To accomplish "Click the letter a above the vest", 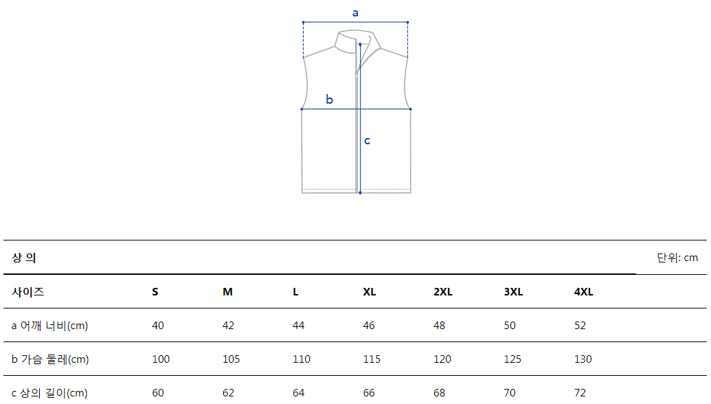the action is [x=355, y=13].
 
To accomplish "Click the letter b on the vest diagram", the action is [x=329, y=100].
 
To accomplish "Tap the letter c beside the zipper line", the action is [x=368, y=141].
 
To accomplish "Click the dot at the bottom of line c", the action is [x=360, y=192].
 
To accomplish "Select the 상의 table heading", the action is [x=23, y=258].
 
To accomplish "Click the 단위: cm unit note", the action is [x=677, y=258].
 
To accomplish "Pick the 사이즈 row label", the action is [x=27, y=291].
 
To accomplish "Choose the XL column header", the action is [x=369, y=291].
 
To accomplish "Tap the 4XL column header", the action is [x=583, y=291].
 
